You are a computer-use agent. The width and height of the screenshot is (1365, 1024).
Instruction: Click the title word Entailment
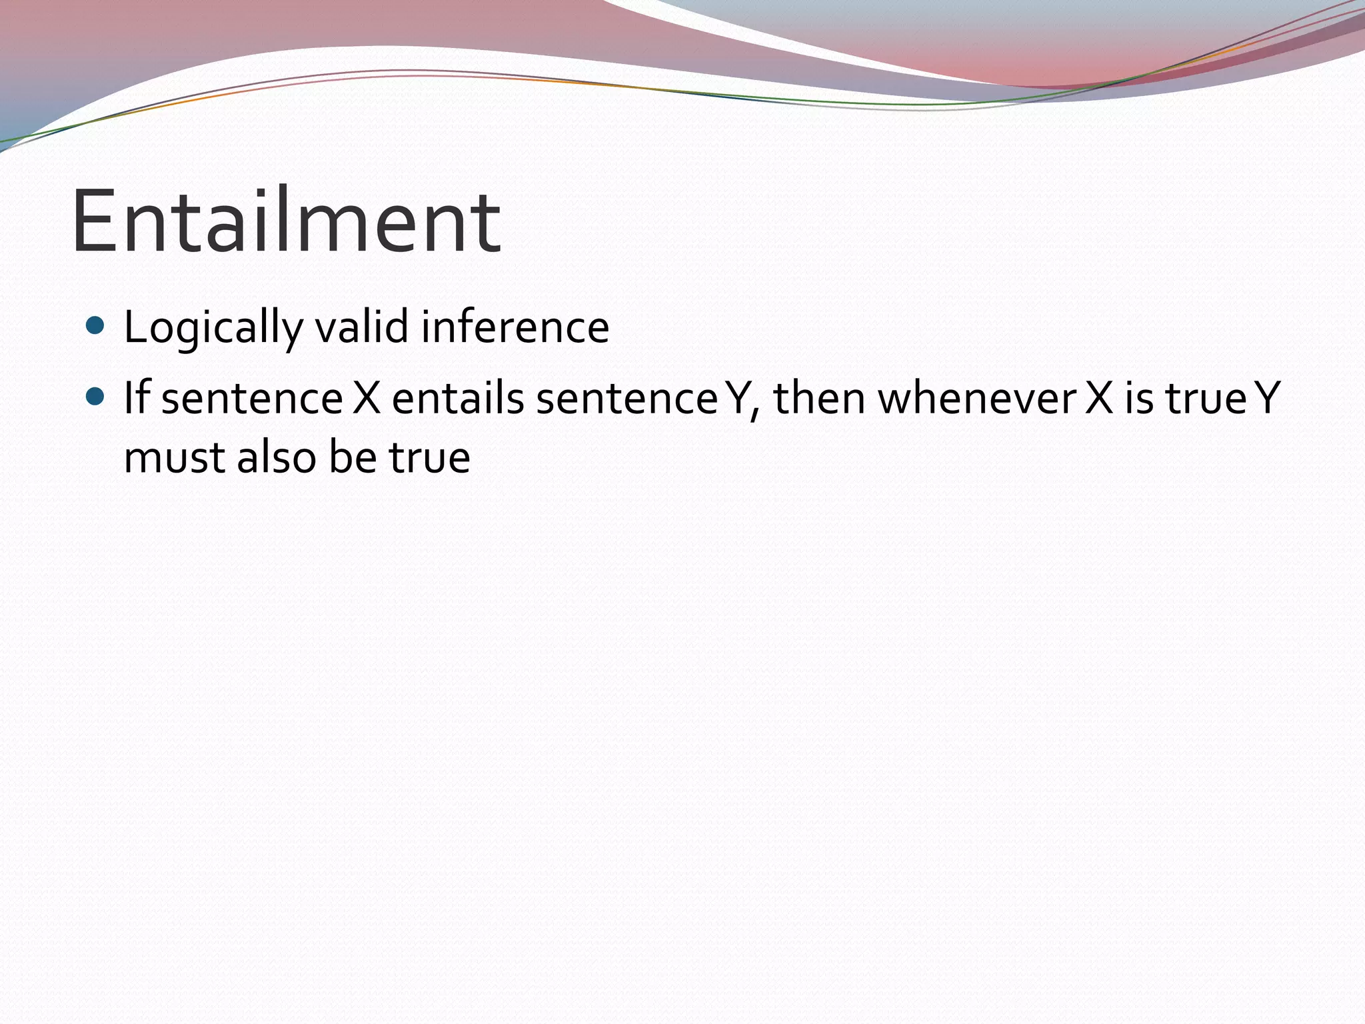tap(286, 222)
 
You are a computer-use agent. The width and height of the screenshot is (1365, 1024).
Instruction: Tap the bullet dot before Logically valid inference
tap(96, 326)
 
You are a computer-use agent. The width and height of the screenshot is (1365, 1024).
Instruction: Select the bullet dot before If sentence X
tap(96, 397)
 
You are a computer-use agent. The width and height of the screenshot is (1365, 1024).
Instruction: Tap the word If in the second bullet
tap(136, 397)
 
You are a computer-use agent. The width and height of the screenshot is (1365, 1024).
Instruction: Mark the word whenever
tap(976, 398)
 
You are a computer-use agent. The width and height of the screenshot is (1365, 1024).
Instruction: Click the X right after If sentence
tap(367, 398)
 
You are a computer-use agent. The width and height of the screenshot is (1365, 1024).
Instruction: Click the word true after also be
tap(430, 458)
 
